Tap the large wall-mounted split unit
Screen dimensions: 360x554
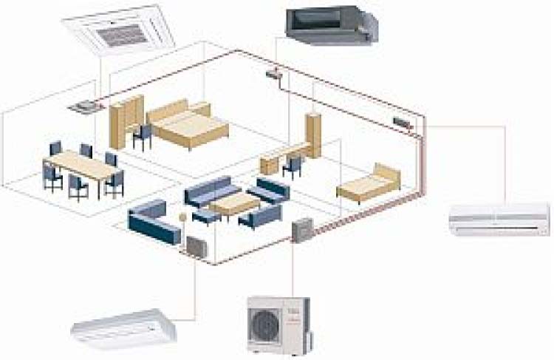click(x=499, y=220)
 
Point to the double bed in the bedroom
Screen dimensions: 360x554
click(x=188, y=126)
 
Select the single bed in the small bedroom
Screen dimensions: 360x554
click(x=369, y=183)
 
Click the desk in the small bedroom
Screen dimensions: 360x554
click(x=277, y=160)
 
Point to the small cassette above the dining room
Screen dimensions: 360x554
click(x=83, y=106)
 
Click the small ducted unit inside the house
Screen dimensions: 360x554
click(x=274, y=73)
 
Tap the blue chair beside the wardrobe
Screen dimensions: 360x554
click(x=143, y=135)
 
